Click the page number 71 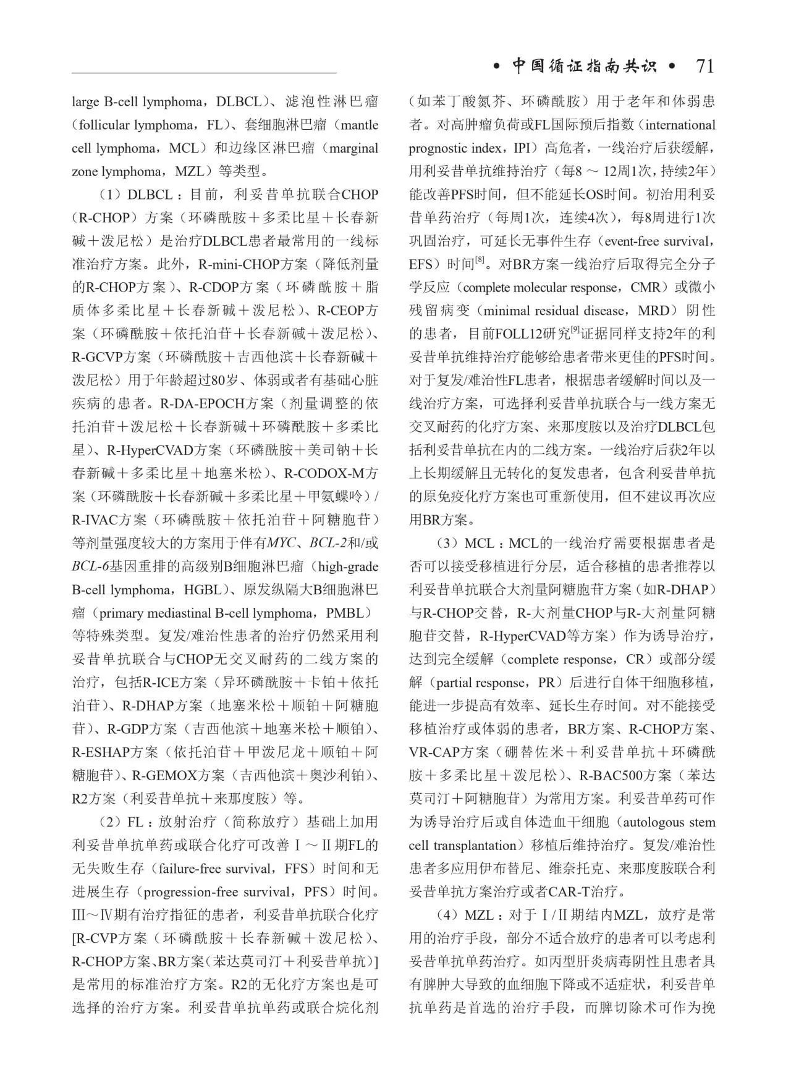(x=704, y=66)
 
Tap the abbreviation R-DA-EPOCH (x=202, y=404)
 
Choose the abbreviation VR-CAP (x=433, y=752)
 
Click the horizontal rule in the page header (x=204, y=74)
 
